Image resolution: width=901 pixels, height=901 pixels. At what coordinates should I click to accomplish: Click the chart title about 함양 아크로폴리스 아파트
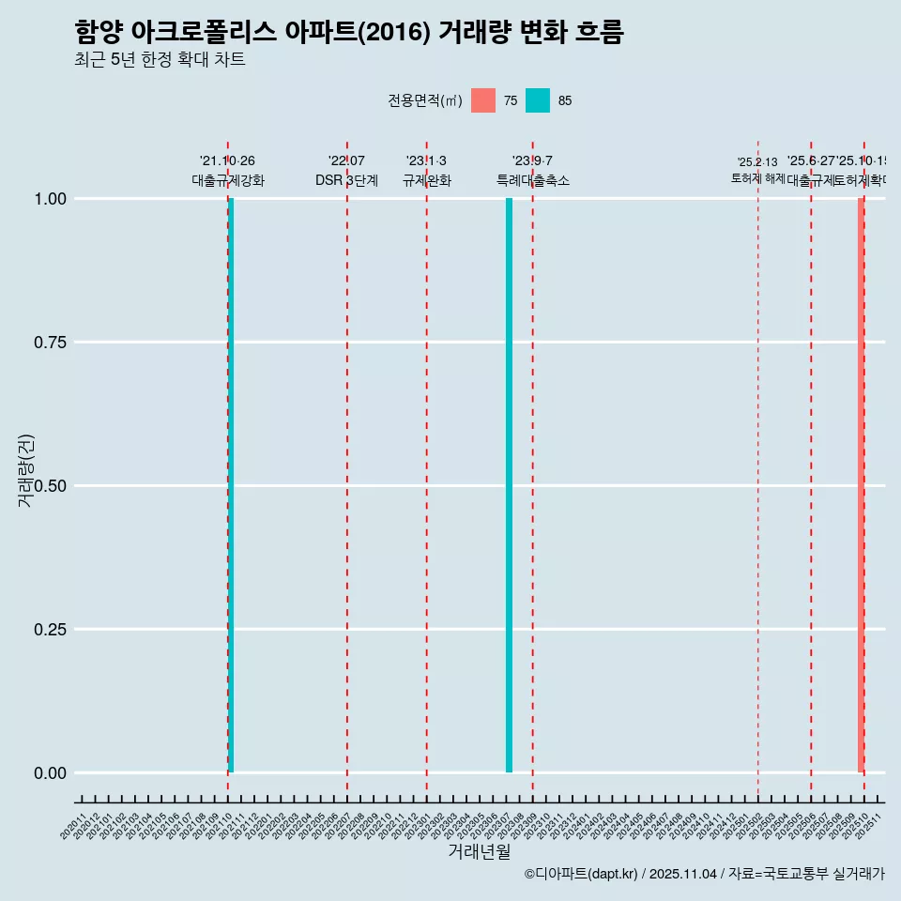point(349,33)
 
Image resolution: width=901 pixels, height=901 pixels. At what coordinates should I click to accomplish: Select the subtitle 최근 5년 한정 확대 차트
point(160,60)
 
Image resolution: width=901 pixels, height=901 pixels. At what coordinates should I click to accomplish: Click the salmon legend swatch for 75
point(483,100)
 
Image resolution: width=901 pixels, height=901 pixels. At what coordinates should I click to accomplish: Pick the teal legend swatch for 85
point(538,100)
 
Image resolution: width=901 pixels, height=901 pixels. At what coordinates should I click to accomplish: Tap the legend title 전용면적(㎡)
point(425,100)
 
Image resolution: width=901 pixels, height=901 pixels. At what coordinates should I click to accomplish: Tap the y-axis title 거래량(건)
point(25,470)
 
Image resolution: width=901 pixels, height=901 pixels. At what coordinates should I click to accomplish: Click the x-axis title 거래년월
point(480,851)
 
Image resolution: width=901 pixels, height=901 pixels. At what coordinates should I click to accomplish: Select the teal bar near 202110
point(231,485)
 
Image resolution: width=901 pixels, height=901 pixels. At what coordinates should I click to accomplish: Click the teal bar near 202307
point(510,485)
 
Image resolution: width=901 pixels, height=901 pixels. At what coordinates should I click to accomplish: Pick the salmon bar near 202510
point(861,485)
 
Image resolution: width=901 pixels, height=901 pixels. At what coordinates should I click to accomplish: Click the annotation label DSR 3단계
point(346,181)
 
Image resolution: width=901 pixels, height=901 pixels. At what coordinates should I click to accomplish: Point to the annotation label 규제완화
point(427,181)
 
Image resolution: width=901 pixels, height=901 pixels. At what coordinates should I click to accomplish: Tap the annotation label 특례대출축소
point(533,181)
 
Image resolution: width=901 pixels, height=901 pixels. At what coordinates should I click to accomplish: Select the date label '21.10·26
point(227,161)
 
